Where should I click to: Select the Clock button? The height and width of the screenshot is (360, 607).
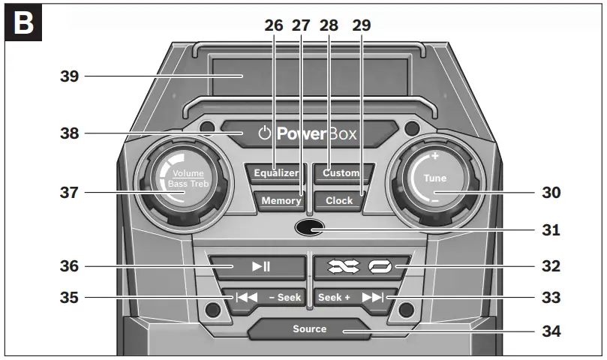(x=339, y=200)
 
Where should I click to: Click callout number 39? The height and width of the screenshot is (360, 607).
(x=70, y=76)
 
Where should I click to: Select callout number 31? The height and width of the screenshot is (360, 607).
(x=551, y=230)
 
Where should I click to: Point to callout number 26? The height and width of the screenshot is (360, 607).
(x=274, y=25)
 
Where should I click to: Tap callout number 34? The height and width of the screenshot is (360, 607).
(x=551, y=330)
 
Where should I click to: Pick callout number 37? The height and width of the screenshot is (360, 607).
(x=70, y=193)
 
